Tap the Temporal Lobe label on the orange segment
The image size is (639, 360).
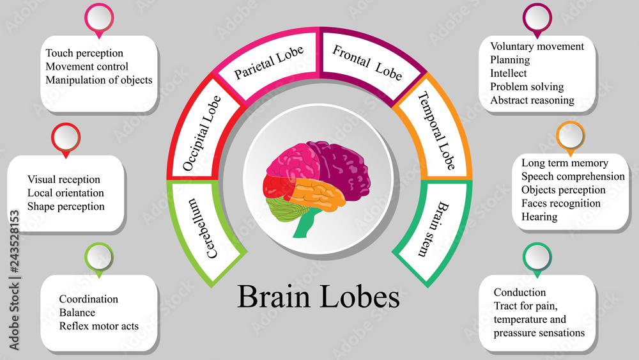coord(436,130)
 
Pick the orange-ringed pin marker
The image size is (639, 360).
coord(570,135)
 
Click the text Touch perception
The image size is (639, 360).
coord(84,53)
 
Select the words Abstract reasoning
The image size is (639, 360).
coord(532,100)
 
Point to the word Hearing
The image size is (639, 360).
coord(539,217)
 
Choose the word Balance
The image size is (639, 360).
coord(77,313)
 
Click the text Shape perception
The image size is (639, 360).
coord(66,207)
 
